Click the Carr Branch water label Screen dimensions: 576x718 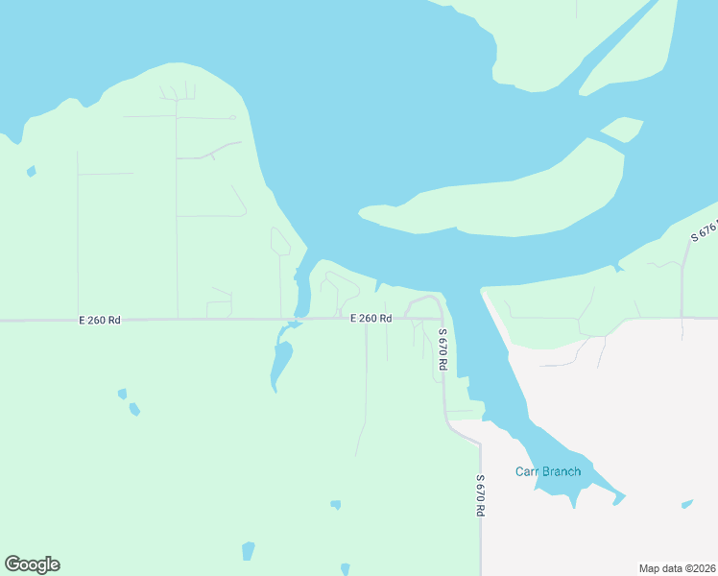(548, 471)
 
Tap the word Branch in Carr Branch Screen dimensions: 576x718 (562, 471)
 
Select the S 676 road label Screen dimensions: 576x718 (705, 230)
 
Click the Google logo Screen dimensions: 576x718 (32, 564)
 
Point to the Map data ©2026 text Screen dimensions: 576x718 (678, 567)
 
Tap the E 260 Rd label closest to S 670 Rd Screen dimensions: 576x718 (371, 318)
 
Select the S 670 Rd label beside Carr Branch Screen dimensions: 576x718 (480, 496)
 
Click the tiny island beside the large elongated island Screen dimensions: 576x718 (622, 129)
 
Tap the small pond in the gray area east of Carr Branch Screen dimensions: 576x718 (686, 503)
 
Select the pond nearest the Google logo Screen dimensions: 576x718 (249, 550)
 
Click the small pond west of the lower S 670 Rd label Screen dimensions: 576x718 (335, 504)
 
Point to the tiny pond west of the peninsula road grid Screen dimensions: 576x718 (32, 172)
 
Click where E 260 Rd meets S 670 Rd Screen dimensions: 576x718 (441, 318)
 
